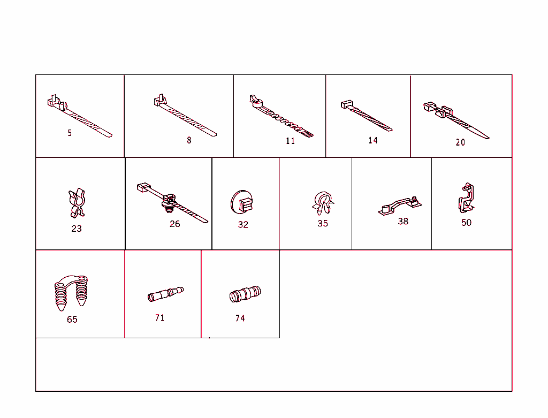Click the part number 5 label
(70, 133)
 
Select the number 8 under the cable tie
(189, 140)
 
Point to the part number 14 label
(373, 140)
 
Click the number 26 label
(175, 224)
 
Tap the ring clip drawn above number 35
(322, 203)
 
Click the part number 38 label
(403, 221)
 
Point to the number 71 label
(159, 318)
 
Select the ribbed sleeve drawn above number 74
(245, 294)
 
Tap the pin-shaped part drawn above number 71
(165, 294)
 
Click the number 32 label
(243, 224)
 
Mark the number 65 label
(72, 320)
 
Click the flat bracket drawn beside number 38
(399, 206)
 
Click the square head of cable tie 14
(346, 104)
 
